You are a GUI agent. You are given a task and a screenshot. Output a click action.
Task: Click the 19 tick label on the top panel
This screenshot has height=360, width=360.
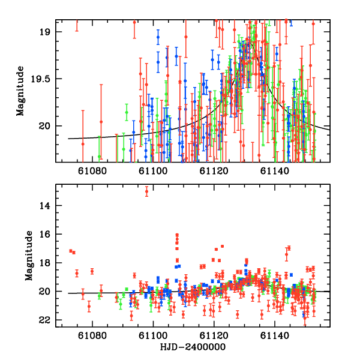click(x=46, y=32)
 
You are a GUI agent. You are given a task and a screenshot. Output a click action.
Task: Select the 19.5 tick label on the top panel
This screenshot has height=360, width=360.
click(x=41, y=79)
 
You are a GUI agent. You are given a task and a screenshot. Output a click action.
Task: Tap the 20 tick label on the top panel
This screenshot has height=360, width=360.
click(x=46, y=126)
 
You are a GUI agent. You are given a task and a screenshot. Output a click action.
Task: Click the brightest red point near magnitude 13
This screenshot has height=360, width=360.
click(x=146, y=191)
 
